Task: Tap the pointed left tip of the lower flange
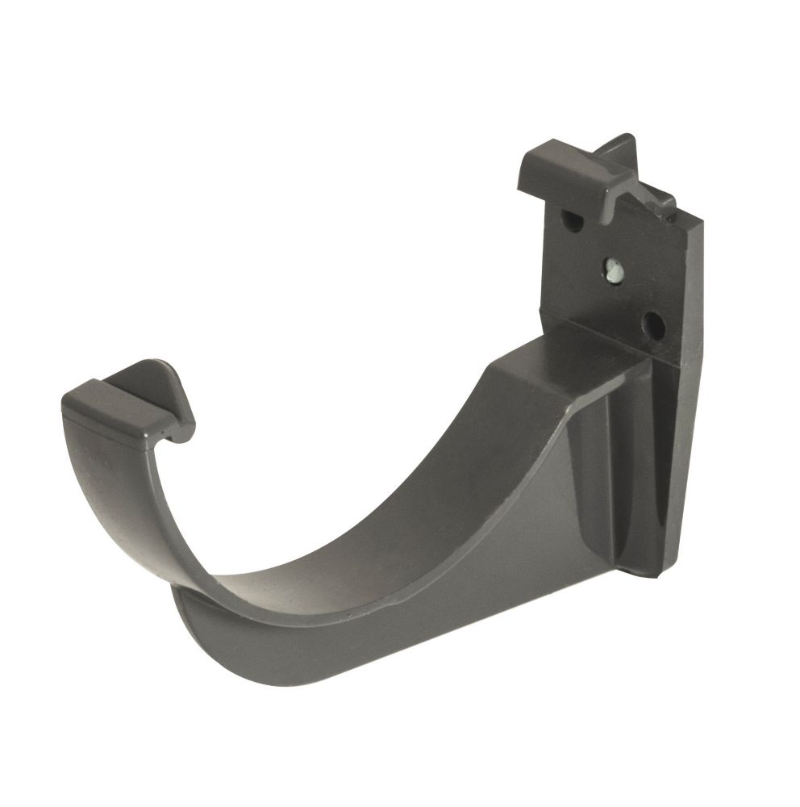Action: tap(177, 592)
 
